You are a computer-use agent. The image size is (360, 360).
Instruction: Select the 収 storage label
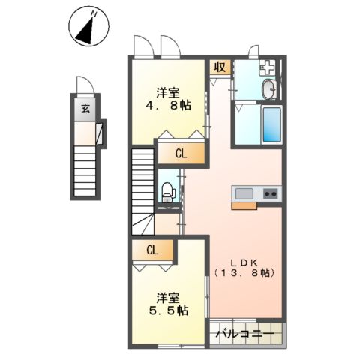tap(220, 68)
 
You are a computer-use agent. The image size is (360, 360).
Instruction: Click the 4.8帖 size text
tap(168, 106)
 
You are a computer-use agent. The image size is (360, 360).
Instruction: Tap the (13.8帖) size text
tap(244, 274)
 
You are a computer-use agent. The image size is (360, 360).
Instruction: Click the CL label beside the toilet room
tap(181, 154)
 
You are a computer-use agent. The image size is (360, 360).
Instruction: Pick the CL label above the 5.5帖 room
tap(152, 250)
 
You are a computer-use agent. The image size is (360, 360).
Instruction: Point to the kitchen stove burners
tap(270, 194)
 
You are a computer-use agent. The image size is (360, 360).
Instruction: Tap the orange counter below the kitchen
tap(244, 205)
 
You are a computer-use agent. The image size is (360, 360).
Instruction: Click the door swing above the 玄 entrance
tap(84, 85)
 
